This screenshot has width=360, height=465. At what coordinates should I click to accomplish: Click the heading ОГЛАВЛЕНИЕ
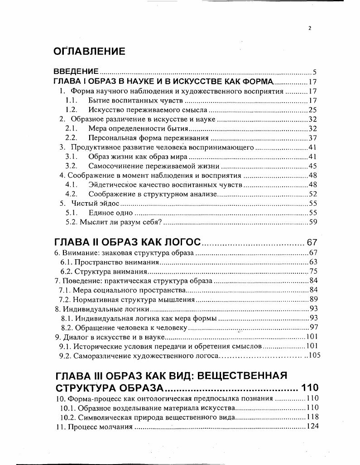tap(89, 51)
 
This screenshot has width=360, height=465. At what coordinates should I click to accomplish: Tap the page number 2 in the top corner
tap(310, 28)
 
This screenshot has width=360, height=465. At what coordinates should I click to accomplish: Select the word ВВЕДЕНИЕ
tap(76, 72)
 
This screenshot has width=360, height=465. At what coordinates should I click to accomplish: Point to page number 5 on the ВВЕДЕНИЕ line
tap(314, 72)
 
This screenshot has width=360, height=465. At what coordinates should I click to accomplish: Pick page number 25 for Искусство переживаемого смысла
tap(312, 110)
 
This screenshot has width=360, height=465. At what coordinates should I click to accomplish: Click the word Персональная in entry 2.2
tap(110, 138)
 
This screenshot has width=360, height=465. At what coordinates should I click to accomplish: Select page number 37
tap(312, 138)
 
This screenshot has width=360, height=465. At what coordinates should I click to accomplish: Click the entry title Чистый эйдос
tap(90, 203)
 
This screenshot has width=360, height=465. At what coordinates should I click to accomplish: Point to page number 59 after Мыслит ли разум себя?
tap(312, 222)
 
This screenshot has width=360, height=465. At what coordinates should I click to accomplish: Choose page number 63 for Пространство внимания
tap(314, 262)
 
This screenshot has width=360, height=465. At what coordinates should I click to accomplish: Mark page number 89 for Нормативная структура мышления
tap(314, 300)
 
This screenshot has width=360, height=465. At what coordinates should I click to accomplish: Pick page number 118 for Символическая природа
tap(312, 417)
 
